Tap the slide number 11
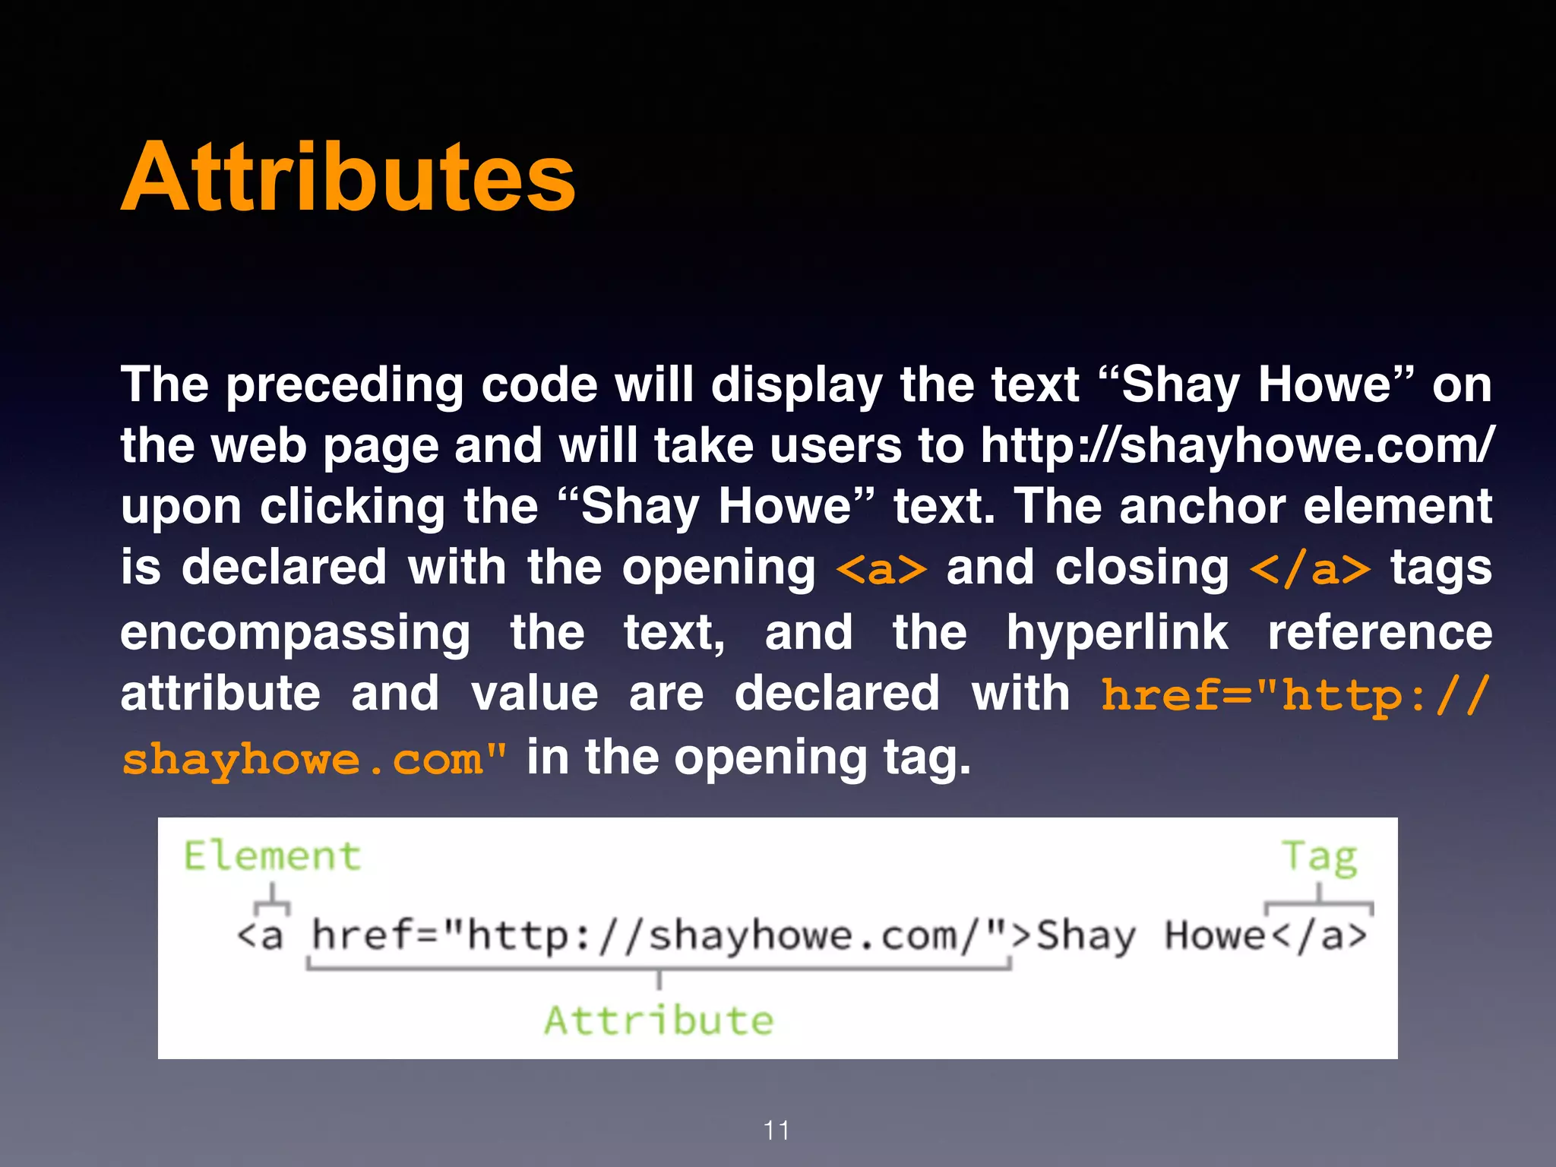[x=776, y=1131]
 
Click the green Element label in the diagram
[x=272, y=856]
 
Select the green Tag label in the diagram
[x=1320, y=858]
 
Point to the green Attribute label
[x=659, y=1020]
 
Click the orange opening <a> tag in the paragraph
[x=881, y=569]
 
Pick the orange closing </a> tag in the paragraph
[x=1311, y=569]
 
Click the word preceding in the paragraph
[x=344, y=385]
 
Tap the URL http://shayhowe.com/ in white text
[x=1237, y=445]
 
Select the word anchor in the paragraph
[x=1203, y=507]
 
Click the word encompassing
[x=296, y=634]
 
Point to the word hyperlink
[x=1117, y=633]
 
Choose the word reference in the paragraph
[x=1380, y=633]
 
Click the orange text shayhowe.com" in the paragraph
[x=314, y=759]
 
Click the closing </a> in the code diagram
[x=1319, y=936]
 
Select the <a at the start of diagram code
[x=260, y=936]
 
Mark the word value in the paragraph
[x=534, y=694]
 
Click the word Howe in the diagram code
[x=1214, y=935]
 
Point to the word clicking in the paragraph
[x=352, y=507]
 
